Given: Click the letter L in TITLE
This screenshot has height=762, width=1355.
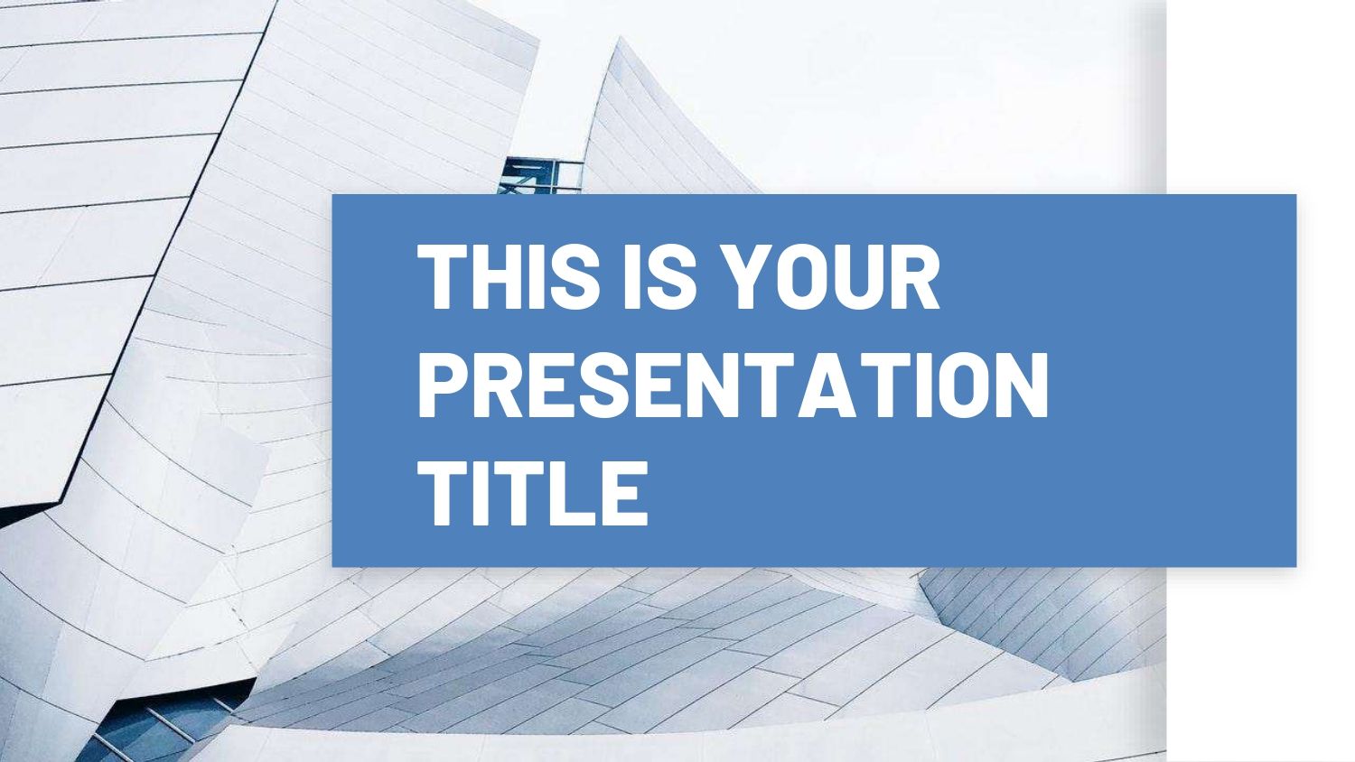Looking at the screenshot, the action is click(x=575, y=492).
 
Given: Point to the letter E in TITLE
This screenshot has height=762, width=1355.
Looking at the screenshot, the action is click(x=626, y=492).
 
